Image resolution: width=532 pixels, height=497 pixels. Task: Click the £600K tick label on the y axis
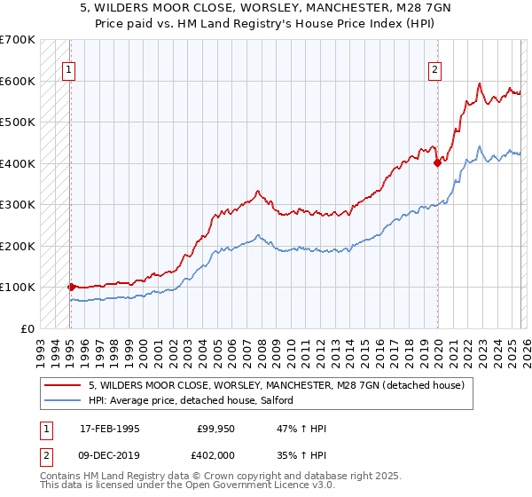click(18, 81)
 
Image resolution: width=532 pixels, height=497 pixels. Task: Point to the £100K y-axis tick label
click(18, 287)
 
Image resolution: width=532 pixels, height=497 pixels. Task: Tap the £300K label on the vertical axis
click(18, 204)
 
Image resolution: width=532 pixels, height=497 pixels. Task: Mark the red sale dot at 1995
click(70, 287)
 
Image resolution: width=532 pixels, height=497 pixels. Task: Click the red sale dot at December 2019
click(437, 162)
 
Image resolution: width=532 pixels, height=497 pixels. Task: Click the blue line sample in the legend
click(64, 400)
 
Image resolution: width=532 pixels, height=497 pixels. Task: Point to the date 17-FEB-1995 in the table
click(110, 429)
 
